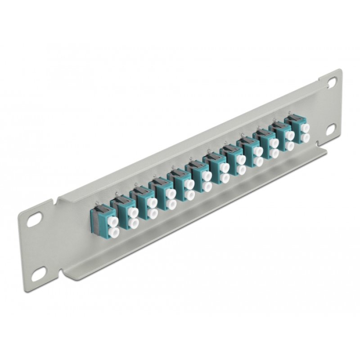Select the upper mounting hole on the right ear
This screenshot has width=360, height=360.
[332, 82]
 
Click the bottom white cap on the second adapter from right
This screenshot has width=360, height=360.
[290, 146]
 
